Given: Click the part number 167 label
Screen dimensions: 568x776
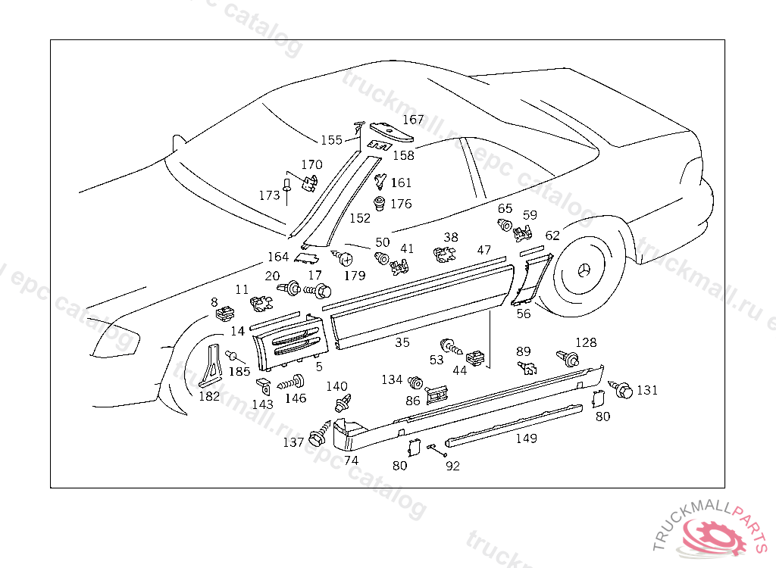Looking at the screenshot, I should tap(413, 120).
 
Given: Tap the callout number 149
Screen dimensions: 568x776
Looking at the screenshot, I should tap(526, 438).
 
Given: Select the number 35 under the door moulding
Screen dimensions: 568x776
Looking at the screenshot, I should tap(402, 342).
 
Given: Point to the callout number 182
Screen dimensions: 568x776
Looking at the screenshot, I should tap(209, 396).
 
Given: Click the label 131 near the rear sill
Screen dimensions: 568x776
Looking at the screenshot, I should tap(646, 390).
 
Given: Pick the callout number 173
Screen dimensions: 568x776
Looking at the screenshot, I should tap(270, 195).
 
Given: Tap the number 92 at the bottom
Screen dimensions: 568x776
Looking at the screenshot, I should tap(452, 466).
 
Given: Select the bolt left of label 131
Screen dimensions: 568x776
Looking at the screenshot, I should tap(622, 390).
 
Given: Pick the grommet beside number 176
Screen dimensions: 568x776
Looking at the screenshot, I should tap(380, 204).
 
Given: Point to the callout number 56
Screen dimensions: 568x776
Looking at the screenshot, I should tap(524, 313).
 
